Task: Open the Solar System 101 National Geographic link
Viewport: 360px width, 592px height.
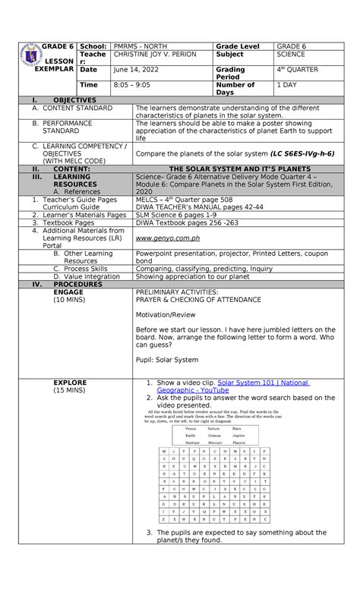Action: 263,383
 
